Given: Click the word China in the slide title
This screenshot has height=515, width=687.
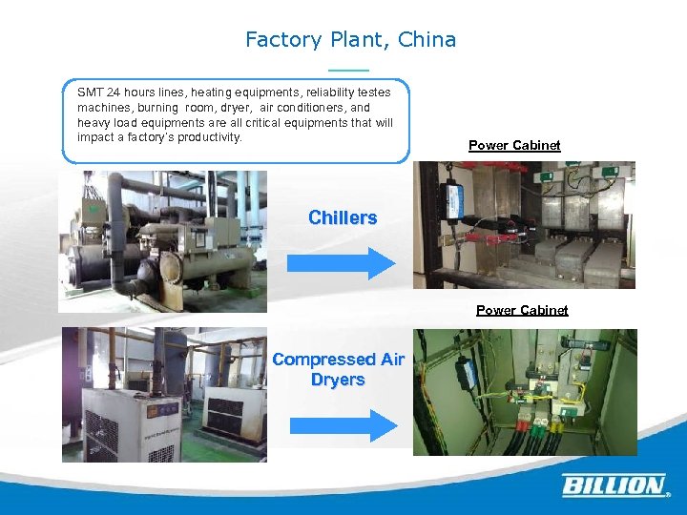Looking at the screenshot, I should pos(429,40).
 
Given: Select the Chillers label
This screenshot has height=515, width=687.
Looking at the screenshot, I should pos(343,217).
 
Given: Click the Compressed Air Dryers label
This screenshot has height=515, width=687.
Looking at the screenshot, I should pos(338,369).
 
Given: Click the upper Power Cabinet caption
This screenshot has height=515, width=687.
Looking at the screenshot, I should pos(514,145).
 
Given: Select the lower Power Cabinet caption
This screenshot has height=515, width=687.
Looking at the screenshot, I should pos(522,310).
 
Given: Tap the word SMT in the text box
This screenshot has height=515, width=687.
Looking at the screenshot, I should pos(89,93).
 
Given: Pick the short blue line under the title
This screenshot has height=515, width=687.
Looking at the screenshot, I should pos(347,71).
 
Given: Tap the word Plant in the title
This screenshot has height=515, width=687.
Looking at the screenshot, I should pos(355,40).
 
